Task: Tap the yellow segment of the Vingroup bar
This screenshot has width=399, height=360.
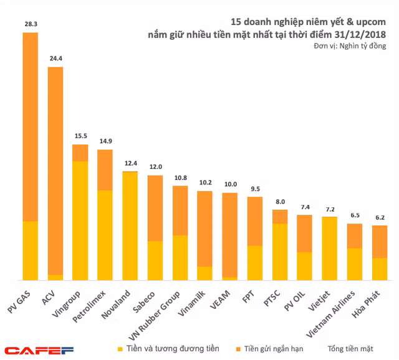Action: click(x=80, y=220)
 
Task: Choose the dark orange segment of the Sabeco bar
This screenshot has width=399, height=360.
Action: click(x=155, y=207)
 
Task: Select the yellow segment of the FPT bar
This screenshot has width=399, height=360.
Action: click(x=255, y=262)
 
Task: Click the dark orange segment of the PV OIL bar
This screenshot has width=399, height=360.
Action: click(x=304, y=233)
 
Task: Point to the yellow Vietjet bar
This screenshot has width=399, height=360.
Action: click(x=330, y=248)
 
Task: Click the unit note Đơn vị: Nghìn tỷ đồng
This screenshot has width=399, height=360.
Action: click(x=350, y=46)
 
